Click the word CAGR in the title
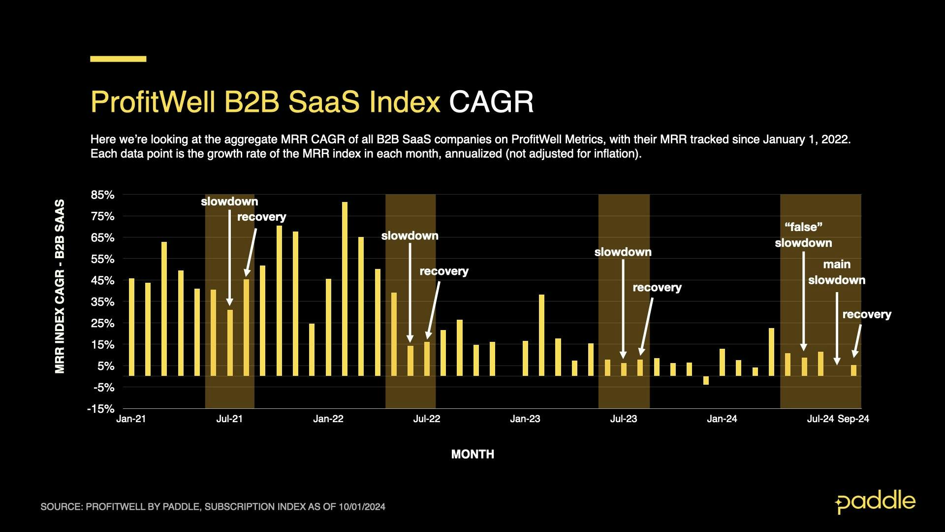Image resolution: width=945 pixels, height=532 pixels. point(491,102)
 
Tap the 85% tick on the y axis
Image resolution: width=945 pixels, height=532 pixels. point(102,195)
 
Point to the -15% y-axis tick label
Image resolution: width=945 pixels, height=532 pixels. point(101,409)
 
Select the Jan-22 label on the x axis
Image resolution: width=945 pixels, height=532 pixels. point(328,419)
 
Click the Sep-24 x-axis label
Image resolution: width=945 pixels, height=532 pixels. point(853,419)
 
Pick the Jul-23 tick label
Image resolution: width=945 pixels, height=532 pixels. point(624,419)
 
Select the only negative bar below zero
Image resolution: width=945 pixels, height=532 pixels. point(706,380)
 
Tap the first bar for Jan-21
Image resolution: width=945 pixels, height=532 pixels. point(131,327)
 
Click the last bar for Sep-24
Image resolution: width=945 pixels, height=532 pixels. point(853,370)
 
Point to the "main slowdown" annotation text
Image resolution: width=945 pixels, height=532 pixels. point(837,272)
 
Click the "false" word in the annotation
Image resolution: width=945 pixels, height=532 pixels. point(803,227)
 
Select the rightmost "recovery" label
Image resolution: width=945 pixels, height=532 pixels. point(867,314)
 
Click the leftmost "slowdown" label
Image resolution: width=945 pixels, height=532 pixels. point(229,201)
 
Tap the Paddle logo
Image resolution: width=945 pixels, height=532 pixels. point(875,502)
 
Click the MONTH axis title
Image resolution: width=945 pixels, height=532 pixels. point(472,454)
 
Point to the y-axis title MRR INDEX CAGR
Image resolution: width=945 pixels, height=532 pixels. point(60,286)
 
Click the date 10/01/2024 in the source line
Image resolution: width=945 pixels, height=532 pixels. point(362,507)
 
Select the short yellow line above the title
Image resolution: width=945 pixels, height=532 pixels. point(118,59)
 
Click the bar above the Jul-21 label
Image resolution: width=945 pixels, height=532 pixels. point(230,343)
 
